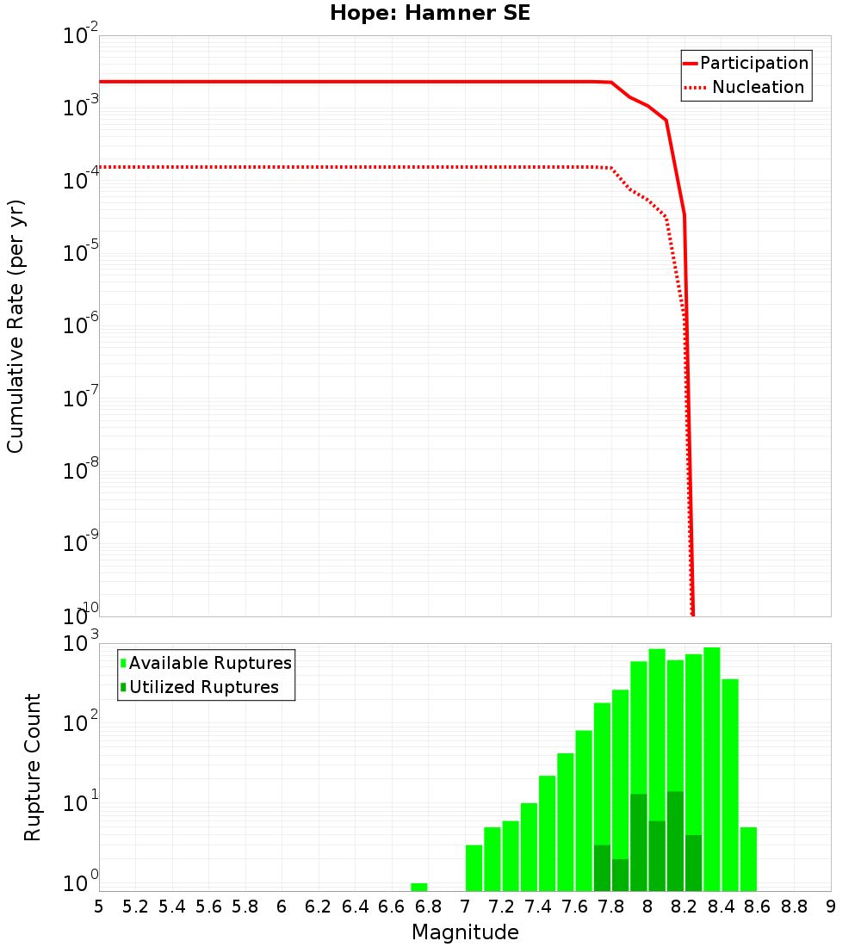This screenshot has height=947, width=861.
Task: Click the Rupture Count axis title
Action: tap(33, 767)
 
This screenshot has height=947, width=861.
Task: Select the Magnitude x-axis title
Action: tap(465, 932)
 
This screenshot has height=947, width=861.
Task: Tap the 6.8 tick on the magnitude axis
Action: tap(428, 907)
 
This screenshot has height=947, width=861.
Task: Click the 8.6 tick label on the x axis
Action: tap(758, 907)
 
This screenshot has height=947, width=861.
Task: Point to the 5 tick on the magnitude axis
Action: tap(99, 907)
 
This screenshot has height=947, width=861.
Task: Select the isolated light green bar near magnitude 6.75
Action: tap(419, 887)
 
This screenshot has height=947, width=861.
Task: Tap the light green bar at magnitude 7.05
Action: tap(474, 868)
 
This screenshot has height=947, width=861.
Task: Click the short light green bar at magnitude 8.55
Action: tap(748, 859)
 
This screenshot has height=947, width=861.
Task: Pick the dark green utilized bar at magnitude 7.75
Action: tap(602, 868)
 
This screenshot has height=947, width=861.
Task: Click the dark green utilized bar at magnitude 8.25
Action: tap(693, 863)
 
